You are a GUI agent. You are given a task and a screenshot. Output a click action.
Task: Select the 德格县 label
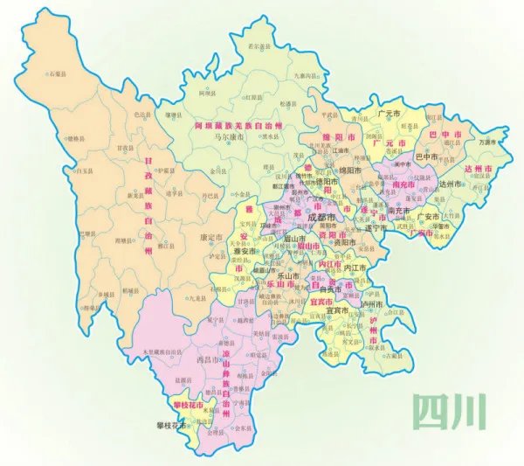pyautogui.click(x=77, y=139)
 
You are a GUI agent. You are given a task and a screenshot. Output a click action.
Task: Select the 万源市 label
pyautogui.click(x=488, y=141)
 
